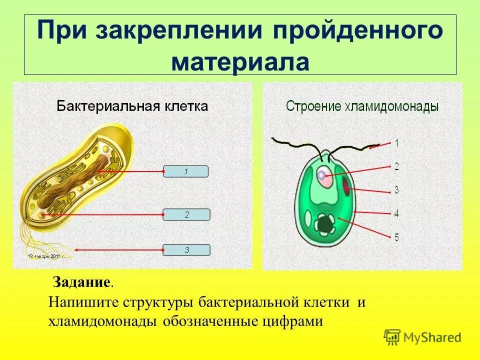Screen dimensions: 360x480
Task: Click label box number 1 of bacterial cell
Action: point(185,171)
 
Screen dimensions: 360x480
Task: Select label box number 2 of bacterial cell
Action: point(186,214)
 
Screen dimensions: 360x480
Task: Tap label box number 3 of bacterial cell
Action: point(186,250)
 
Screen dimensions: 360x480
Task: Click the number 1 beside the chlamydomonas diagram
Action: point(396,143)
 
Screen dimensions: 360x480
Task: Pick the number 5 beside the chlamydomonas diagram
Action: point(396,237)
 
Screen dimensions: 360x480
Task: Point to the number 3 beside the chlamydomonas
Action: point(396,190)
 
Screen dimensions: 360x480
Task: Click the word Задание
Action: point(81,283)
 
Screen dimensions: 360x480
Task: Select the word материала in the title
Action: point(240,62)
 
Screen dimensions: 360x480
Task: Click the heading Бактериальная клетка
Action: point(132,106)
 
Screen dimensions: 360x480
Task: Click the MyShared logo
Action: point(422,337)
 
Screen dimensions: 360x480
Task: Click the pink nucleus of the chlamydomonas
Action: point(323,176)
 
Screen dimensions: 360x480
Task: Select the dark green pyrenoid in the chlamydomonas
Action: point(326,224)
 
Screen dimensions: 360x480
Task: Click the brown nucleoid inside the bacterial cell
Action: point(75,182)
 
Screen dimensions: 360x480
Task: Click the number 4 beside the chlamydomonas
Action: point(396,213)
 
